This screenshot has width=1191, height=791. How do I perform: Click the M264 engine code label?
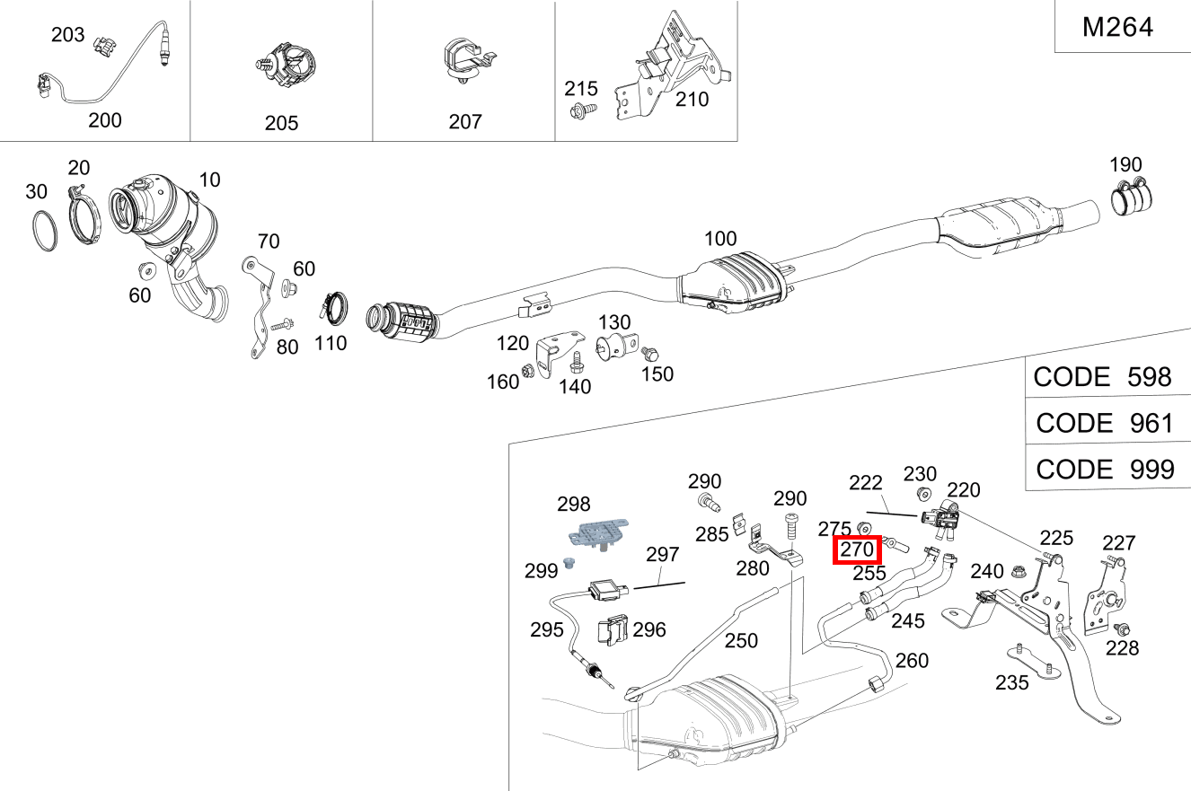[x=1117, y=27]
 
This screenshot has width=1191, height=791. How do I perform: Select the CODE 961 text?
[x=1104, y=422]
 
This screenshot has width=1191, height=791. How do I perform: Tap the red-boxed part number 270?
[x=858, y=549]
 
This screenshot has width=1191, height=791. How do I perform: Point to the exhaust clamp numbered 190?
[x=1133, y=198]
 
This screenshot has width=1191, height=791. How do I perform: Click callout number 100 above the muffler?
[x=719, y=239]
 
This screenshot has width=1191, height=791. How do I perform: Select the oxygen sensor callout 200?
[x=105, y=119]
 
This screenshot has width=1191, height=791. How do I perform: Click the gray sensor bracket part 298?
[x=595, y=533]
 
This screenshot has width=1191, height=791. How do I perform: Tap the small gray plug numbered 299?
[x=567, y=563]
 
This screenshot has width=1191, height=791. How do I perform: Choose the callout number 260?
[x=912, y=661]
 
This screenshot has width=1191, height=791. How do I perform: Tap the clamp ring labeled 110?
[x=335, y=308]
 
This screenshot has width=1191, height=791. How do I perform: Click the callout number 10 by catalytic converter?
[x=208, y=180]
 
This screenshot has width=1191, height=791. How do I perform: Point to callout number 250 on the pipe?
[x=741, y=640]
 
